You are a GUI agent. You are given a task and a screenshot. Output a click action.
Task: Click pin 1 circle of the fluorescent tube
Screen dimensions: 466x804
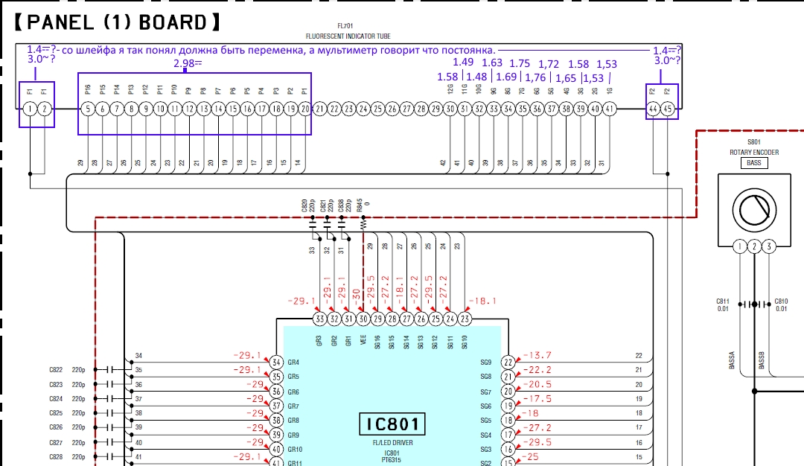[30, 109]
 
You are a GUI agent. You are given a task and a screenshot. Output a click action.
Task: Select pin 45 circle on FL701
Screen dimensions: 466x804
[668, 109]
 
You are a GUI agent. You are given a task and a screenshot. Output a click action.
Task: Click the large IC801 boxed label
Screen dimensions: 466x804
[392, 424]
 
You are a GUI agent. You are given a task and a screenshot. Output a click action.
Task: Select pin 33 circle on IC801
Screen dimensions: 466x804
[320, 319]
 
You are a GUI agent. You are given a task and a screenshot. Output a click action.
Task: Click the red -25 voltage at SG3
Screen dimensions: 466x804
[530, 456]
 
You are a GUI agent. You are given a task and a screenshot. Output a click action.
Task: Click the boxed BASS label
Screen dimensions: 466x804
[753, 162]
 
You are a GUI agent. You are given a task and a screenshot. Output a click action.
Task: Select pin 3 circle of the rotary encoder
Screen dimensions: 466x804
[769, 246]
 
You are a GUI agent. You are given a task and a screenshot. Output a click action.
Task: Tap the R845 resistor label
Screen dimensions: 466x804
[361, 205]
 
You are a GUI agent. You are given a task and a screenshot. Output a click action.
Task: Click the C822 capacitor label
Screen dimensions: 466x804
[56, 370]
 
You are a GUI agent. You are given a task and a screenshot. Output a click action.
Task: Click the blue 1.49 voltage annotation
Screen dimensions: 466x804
[463, 63]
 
